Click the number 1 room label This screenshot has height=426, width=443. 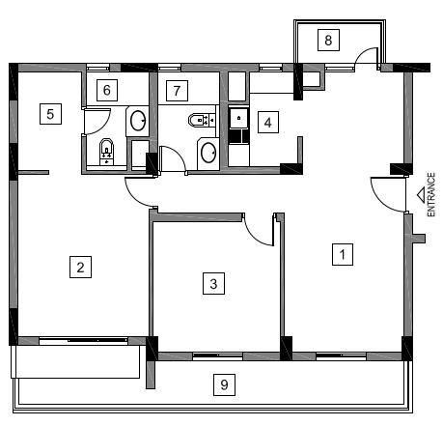point(343,254)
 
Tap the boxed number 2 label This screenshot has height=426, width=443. point(80,267)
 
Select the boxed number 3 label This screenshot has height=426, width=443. point(213,283)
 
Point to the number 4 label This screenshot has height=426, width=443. point(268,122)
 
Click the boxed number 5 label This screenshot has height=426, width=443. point(50,114)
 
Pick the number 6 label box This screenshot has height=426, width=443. point(107,90)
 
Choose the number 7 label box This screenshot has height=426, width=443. point(177,91)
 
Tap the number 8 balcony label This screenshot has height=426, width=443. point(328,40)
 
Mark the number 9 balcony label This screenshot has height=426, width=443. point(224,384)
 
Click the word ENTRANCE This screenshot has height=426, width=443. point(431,194)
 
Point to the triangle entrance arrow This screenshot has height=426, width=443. point(421,196)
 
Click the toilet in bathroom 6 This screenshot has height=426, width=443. point(106,152)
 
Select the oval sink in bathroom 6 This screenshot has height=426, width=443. point(138,121)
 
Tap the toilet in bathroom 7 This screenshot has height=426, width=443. point(202,120)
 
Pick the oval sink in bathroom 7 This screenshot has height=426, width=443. point(208,153)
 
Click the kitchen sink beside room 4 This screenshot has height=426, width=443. point(238,118)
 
